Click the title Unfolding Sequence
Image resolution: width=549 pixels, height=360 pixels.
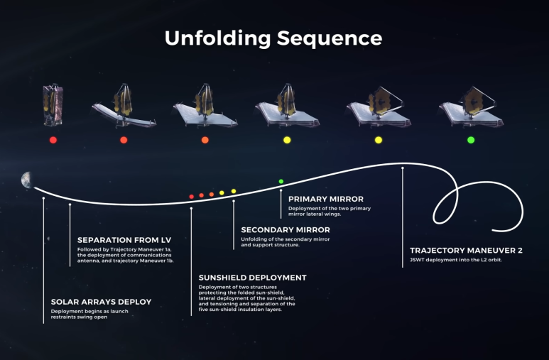pyautogui.click(x=273, y=38)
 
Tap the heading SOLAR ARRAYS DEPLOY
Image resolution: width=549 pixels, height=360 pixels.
pyautogui.click(x=101, y=302)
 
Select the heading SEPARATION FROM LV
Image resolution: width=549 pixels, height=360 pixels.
pyautogui.click(x=127, y=239)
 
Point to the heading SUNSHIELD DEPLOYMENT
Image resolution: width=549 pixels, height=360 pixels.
pyautogui.click(x=252, y=278)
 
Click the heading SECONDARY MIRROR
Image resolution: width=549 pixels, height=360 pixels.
pyautogui.click(x=286, y=230)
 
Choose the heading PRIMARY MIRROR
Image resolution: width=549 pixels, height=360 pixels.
pyautogui.click(x=326, y=200)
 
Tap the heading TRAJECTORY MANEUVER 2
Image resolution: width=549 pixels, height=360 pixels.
pyautogui.click(x=467, y=251)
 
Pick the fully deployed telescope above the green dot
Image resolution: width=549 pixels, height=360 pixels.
pyautogui.click(x=471, y=108)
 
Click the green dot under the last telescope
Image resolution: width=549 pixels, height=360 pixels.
pyautogui.click(x=470, y=140)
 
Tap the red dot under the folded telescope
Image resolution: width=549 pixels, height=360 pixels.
pyautogui.click(x=53, y=140)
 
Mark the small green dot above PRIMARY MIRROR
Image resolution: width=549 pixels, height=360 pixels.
pyautogui.click(x=281, y=182)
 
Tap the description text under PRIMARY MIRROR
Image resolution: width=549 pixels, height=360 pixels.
pyautogui.click(x=329, y=211)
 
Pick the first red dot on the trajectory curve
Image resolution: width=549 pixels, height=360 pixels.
pyautogui.click(x=192, y=196)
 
